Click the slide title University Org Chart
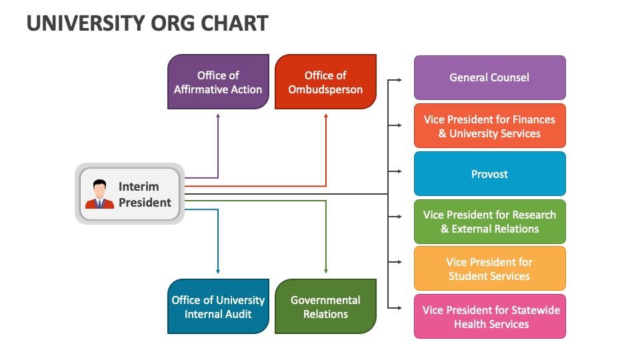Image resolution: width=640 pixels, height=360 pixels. tap(147, 23)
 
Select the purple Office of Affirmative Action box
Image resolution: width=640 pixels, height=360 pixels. tap(218, 82)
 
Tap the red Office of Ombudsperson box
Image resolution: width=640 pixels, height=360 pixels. tap(325, 82)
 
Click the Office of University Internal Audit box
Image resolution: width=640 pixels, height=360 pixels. tap(218, 307)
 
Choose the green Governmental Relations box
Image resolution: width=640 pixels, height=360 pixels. tap(325, 307)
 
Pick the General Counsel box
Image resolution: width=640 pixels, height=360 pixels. tap(489, 77)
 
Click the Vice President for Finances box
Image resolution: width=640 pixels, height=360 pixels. tap(489, 126)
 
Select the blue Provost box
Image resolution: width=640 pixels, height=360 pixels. tap(489, 174)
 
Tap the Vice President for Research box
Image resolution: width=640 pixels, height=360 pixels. tap(489, 221)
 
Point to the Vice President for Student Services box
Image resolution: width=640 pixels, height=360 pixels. tap(489, 269)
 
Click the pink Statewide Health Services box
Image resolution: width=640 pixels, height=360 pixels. tap(489, 317)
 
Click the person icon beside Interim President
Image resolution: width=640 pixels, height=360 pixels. tap(99, 194)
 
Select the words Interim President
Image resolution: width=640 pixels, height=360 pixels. tap(145, 194)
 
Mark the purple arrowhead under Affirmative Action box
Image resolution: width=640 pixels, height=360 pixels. tap(218, 115)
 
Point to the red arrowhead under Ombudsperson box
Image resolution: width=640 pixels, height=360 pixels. tap(326, 115)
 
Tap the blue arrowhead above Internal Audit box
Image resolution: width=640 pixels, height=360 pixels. tap(218, 271)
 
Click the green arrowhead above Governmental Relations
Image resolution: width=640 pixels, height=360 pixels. tap(326, 271)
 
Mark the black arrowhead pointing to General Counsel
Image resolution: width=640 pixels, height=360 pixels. tap(399, 80)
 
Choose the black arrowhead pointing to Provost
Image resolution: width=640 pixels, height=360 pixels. tap(399, 171)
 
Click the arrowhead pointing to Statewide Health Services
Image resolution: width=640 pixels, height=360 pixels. tap(399, 307)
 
